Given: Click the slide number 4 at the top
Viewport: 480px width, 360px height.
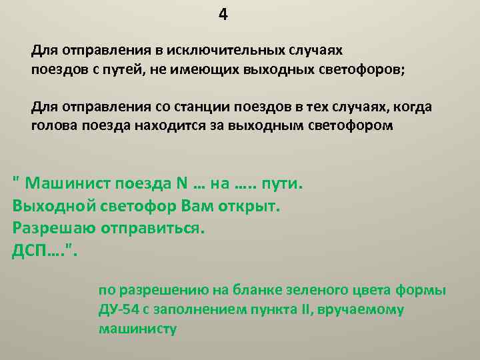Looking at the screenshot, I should click(x=223, y=15).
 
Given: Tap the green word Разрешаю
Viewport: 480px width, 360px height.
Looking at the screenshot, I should click(x=53, y=228).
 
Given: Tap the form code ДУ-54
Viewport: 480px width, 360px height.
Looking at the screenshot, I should click(x=119, y=310).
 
